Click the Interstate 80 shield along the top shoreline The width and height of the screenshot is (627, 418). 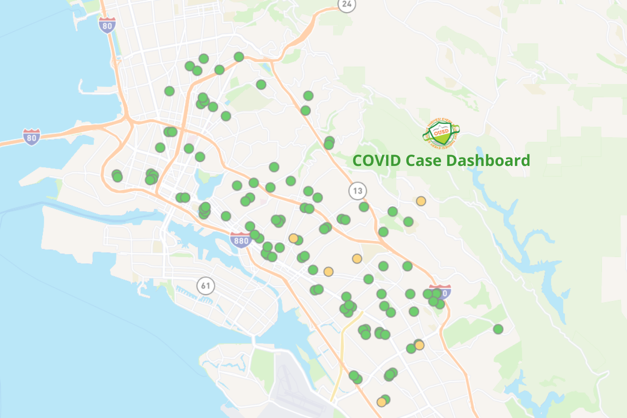pos(107,25)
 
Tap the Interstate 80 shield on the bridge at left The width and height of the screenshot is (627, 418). pos(31,137)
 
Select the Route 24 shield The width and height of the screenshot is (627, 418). pos(347,4)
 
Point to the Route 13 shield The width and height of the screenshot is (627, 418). pos(357,191)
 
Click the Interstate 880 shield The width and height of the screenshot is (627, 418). pos(241,240)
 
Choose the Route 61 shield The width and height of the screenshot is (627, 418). pos(205,286)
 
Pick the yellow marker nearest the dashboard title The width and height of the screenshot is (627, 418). pos(421,201)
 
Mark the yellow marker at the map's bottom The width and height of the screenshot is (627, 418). pos(381,402)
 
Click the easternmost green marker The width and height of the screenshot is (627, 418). pos(498,329)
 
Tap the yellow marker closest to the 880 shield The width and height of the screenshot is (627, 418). pos(293,238)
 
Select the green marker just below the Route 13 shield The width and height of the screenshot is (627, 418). pos(364,206)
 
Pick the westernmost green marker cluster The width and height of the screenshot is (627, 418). pos(117,176)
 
